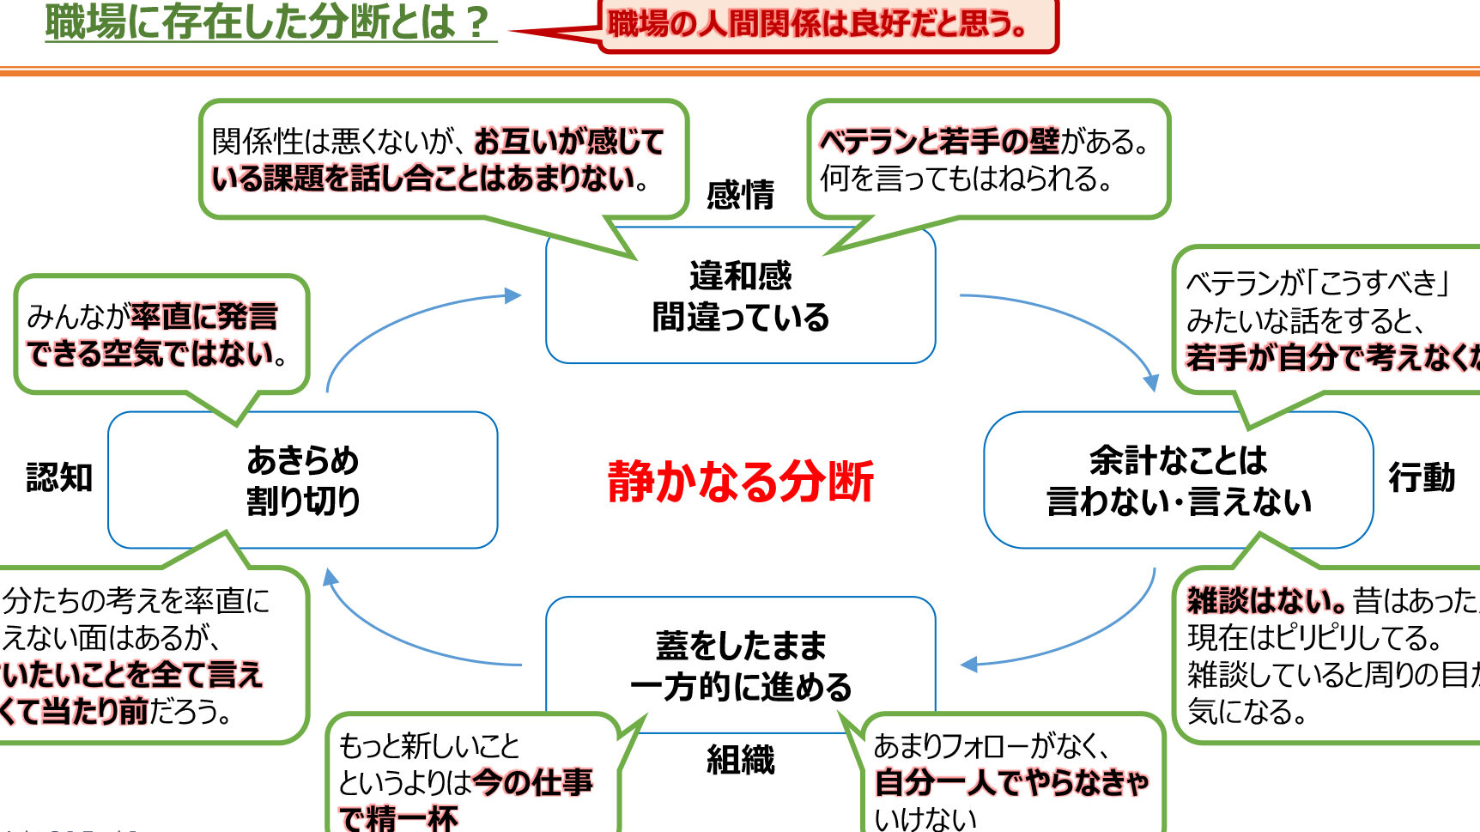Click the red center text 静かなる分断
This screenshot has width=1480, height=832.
coord(740,481)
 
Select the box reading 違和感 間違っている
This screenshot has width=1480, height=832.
coord(740,296)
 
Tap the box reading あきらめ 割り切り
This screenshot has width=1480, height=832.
coord(302,480)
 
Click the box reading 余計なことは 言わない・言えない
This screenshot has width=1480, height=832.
coord(1178,480)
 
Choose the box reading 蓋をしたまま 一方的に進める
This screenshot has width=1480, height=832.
coord(740,665)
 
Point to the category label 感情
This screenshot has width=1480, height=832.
coord(740,195)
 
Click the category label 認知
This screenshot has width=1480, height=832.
coord(58,477)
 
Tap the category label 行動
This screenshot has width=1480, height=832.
coord(1422,477)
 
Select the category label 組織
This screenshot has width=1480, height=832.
coord(740,760)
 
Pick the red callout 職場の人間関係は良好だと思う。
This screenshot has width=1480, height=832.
coord(817,24)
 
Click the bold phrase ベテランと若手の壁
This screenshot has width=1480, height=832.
coord(940,141)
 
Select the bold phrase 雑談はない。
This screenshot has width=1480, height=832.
coord(1265,600)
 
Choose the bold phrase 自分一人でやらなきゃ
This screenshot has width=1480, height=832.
coord(1011,782)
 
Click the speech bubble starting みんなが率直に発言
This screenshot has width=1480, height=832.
coord(161,335)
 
